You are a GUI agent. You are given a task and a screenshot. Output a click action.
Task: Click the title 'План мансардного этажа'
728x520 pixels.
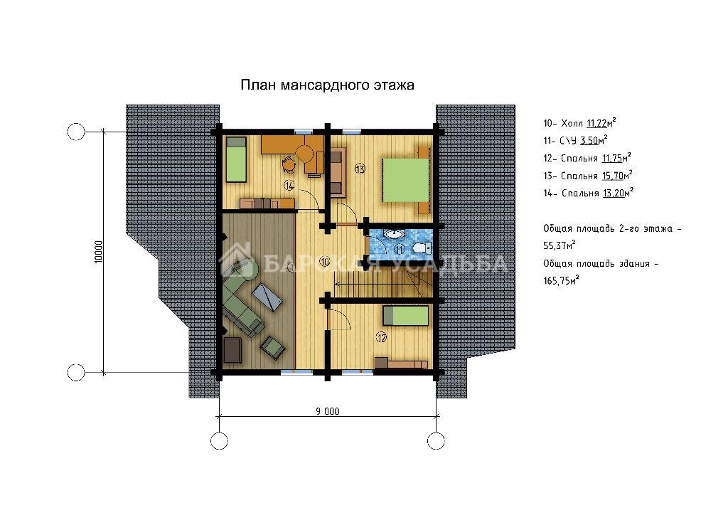(x=327, y=85)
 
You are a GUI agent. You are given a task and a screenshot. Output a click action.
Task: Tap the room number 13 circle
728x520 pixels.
(x=360, y=169)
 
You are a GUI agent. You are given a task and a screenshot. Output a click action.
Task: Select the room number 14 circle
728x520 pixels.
(x=289, y=186)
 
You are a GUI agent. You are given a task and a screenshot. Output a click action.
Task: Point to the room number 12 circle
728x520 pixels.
(x=381, y=338)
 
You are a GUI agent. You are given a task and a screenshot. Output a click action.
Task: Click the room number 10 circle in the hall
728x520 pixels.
(x=324, y=262)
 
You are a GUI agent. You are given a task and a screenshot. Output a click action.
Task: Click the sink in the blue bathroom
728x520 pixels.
(x=395, y=234)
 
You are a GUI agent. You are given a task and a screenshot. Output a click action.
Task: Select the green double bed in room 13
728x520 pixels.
(x=405, y=180)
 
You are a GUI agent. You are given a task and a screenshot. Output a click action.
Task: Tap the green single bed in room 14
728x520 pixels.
(x=236, y=159)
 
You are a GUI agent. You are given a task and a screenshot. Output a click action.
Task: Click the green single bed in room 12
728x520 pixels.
(x=406, y=316)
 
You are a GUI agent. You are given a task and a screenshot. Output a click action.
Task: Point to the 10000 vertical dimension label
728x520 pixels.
(x=98, y=252)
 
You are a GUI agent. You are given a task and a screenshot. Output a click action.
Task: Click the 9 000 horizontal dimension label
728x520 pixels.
(x=328, y=411)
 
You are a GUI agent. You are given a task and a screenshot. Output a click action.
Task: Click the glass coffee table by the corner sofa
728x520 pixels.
(x=267, y=296)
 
